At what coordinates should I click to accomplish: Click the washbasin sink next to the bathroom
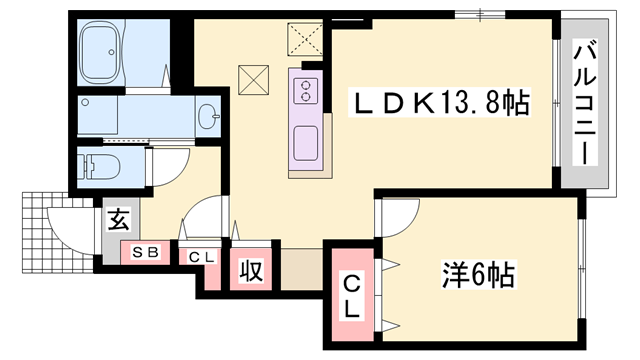pos(209,117)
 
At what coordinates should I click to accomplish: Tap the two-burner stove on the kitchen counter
pos(304,93)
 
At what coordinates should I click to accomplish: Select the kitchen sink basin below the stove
pos(306,140)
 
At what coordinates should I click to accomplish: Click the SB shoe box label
pos(146,254)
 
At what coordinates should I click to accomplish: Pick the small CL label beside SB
pos(203,256)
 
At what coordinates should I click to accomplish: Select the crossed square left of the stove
pos(253,77)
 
